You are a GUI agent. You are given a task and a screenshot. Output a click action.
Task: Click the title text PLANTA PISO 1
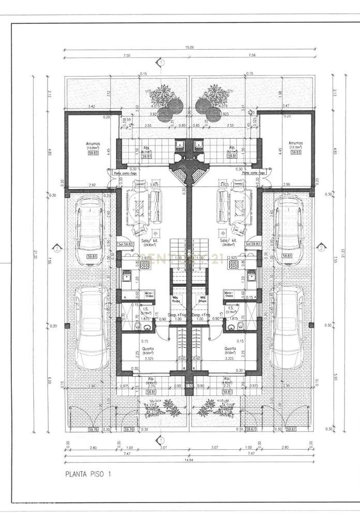pos(87,473)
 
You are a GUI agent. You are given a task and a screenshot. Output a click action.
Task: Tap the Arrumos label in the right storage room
pos(295,143)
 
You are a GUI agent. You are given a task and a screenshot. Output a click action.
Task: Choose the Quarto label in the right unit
pos(231,348)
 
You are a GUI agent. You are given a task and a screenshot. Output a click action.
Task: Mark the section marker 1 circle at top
pos(161,63)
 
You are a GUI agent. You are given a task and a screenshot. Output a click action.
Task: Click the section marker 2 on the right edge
pos(322,248)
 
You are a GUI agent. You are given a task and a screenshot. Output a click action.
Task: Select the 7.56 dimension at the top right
pos(252,55)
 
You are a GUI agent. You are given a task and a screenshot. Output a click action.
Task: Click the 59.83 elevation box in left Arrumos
pos(93,153)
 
